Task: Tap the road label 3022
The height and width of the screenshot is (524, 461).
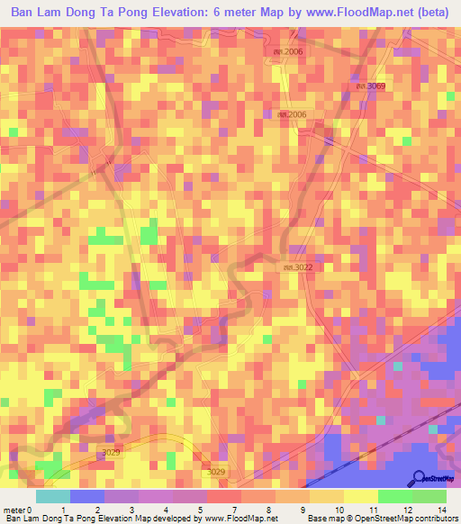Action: (299, 267)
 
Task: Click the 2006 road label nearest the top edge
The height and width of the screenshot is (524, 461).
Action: (289, 52)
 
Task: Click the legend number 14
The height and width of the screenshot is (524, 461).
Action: (441, 510)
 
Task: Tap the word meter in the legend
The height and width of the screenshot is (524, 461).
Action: (14, 510)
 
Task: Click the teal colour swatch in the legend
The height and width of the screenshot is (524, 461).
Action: (53, 496)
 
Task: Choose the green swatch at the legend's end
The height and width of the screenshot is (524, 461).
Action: (429, 496)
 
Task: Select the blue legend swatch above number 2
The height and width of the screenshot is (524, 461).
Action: (87, 496)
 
